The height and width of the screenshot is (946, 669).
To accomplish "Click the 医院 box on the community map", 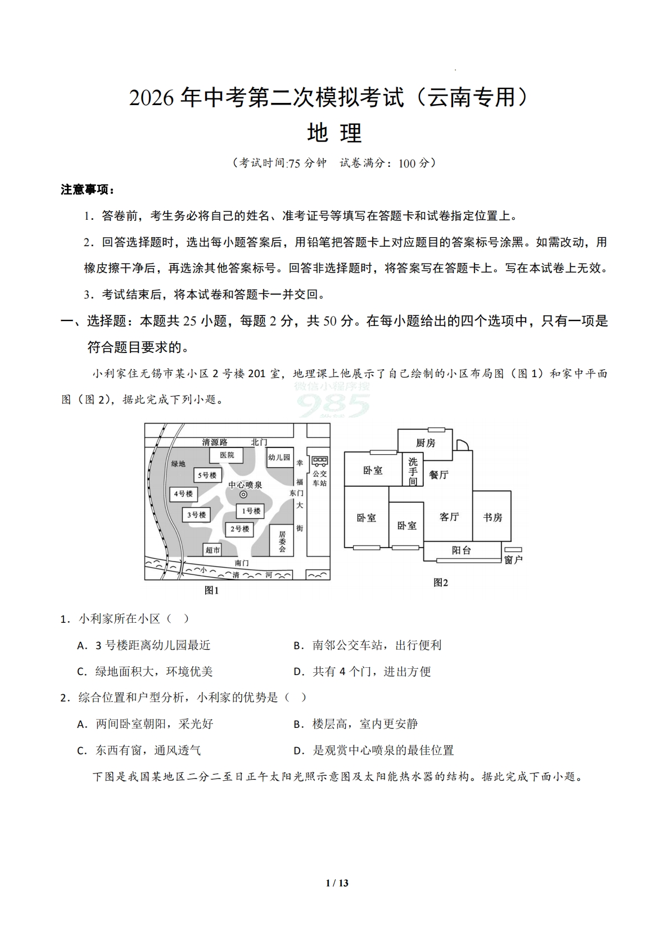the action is click(x=227, y=455).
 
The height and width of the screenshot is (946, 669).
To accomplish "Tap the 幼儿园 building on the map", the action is click(x=279, y=458).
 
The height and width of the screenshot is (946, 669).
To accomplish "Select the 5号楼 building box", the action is click(x=206, y=476).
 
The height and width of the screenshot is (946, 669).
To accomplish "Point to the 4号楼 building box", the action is click(x=183, y=494).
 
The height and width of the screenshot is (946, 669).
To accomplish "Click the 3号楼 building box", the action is click(x=196, y=514).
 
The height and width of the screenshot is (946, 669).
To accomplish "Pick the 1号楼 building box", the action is click(x=250, y=511).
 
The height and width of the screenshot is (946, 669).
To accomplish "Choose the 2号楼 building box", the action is click(x=239, y=529).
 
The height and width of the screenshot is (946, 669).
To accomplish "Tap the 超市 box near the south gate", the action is click(x=212, y=550).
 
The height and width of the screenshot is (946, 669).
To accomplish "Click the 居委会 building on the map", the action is click(x=282, y=541).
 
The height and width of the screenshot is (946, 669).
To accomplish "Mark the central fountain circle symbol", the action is click(x=243, y=495).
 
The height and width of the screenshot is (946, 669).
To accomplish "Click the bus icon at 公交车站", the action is click(x=320, y=461).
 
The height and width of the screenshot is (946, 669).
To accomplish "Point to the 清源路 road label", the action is click(x=215, y=442).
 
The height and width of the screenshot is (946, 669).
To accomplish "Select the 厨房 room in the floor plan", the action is click(x=425, y=443).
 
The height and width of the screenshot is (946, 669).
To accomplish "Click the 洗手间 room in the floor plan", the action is click(x=413, y=470).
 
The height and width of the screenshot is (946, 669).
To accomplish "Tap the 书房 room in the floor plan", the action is click(x=492, y=517).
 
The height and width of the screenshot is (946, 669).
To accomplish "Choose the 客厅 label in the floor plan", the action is click(x=449, y=517).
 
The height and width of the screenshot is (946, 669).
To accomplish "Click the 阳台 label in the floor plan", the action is click(x=461, y=550).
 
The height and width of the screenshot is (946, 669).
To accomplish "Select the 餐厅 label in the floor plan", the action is click(x=439, y=475).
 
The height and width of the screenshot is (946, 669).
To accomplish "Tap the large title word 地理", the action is click(x=334, y=133).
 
